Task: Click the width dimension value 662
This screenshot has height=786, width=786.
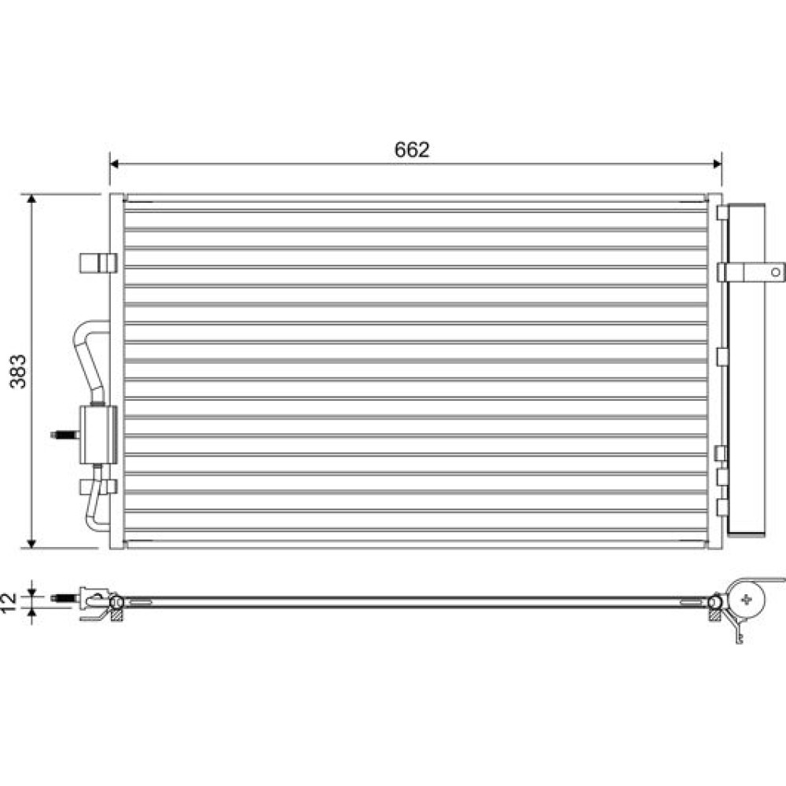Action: click(x=412, y=150)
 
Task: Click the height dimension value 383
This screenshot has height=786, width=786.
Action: click(x=19, y=372)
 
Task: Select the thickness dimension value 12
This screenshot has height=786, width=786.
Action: click(x=9, y=603)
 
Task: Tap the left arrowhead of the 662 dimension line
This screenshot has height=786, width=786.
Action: click(x=114, y=164)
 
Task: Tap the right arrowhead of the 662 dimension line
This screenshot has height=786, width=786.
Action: click(x=718, y=164)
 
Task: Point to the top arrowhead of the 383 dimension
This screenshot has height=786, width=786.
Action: click(x=31, y=199)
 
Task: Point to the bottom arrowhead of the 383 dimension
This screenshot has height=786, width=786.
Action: click(x=31, y=543)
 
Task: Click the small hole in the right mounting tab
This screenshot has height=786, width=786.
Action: click(x=775, y=272)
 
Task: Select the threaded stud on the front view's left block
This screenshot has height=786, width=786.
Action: click(x=65, y=435)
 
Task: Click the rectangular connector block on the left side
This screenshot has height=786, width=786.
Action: click(x=98, y=435)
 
